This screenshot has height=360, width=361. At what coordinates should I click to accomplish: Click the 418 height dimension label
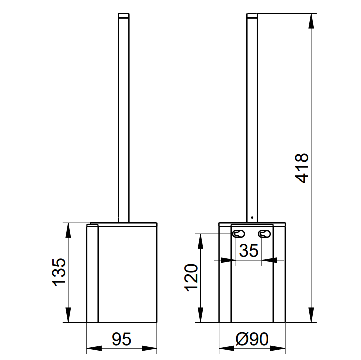pos(302,168)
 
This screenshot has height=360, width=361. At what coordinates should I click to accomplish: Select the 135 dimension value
pos(59,272)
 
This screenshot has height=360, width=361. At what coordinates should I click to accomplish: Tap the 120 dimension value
pos(191,278)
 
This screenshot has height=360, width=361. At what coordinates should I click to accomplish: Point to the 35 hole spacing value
pos(249,250)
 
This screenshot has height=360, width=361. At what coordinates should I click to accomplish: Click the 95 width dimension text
pos(121,339)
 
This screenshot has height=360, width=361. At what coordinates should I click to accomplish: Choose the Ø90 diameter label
pos(252,339)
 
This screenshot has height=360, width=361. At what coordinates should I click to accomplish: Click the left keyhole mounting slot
pos(239,234)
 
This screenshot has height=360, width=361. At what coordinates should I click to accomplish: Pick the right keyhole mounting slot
pos(264,234)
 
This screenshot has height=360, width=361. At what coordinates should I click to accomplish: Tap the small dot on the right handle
pos(252,217)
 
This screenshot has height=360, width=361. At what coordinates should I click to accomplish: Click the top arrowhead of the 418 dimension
pos(311,21)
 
